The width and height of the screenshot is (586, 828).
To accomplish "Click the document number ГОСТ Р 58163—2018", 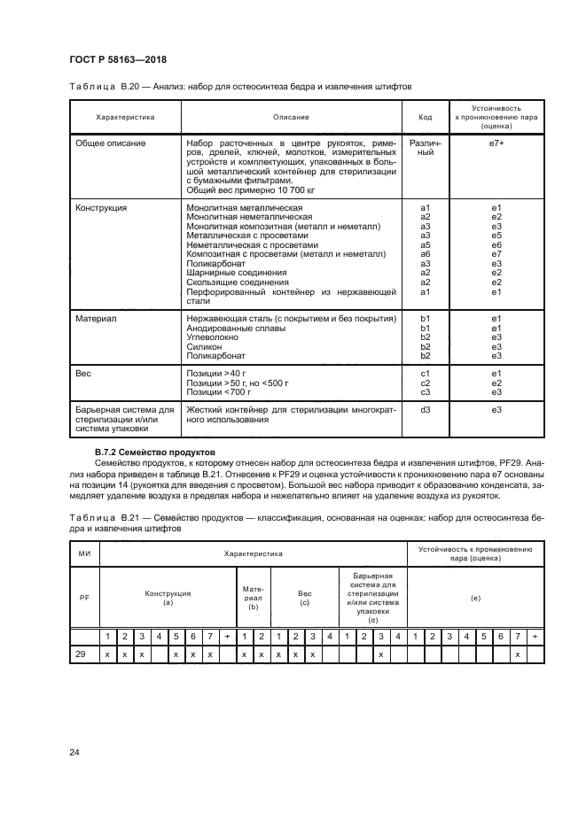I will [x=117, y=59].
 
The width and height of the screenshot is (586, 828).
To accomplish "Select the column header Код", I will [x=425, y=117].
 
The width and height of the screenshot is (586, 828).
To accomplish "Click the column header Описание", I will [x=291, y=117].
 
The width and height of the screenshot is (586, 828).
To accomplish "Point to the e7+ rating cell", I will [x=496, y=143].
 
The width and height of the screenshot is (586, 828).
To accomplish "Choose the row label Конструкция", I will [x=101, y=207].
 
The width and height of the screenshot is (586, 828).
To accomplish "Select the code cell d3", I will [x=425, y=410].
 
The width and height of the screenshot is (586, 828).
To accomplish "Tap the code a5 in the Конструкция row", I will [x=425, y=244].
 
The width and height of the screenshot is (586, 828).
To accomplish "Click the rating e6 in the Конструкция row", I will [x=496, y=244].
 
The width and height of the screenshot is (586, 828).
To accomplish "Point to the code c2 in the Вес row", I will [x=425, y=383].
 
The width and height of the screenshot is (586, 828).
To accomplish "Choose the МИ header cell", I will [x=84, y=553].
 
